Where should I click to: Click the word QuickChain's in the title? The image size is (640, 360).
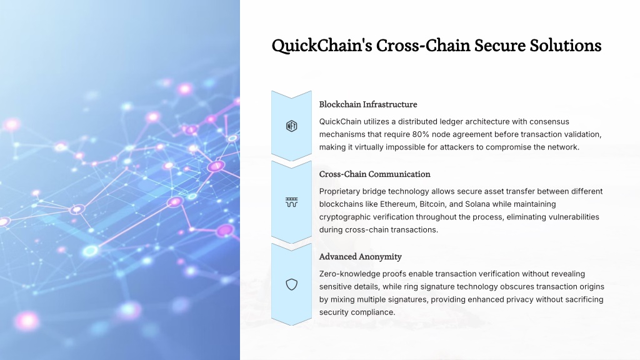click(x=322, y=45)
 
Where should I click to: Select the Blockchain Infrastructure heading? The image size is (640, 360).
click(x=368, y=104)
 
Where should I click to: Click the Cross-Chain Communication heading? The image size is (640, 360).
click(x=375, y=174)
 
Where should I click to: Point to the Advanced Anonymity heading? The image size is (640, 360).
click(x=361, y=257)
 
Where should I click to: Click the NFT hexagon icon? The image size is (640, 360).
click(x=291, y=126)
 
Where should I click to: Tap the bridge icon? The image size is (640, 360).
click(x=291, y=202)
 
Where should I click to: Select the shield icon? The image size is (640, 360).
click(x=291, y=284)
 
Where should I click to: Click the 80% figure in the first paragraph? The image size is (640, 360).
click(x=421, y=134)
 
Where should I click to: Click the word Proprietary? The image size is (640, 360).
click(x=339, y=191)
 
